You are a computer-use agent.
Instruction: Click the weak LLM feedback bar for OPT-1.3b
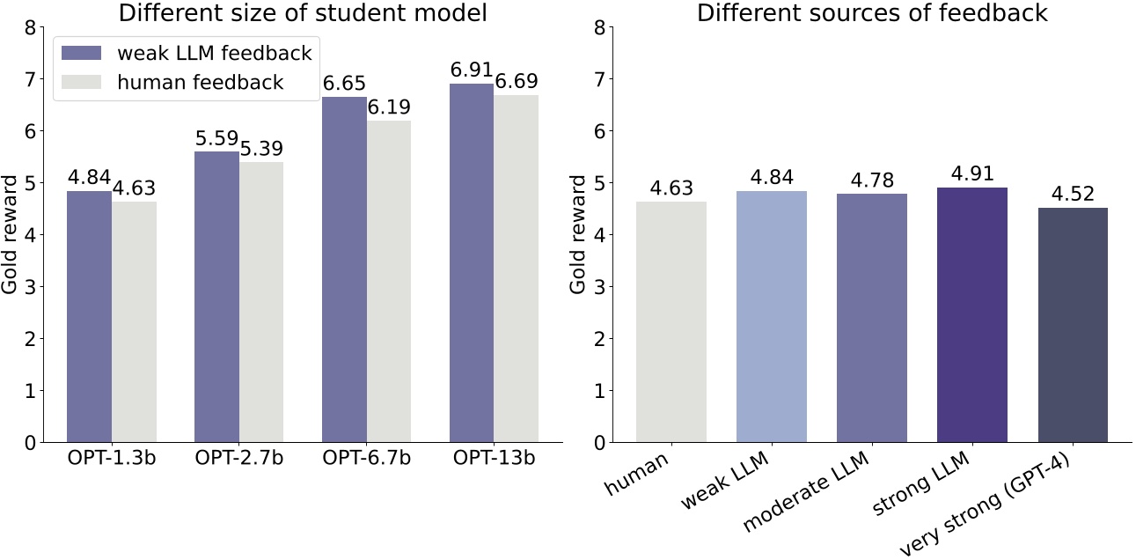click(90, 317)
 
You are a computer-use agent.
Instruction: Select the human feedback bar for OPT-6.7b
click(388, 282)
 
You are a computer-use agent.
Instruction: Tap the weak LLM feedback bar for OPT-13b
click(472, 263)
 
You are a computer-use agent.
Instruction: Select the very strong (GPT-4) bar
click(1073, 325)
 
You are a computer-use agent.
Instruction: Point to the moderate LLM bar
click(872, 318)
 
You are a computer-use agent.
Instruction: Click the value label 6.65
click(344, 85)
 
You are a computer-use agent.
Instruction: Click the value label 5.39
click(260, 149)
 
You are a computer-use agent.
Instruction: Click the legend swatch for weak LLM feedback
click(80, 53)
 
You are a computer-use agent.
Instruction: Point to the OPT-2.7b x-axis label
click(239, 459)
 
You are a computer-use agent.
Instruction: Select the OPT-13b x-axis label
click(494, 459)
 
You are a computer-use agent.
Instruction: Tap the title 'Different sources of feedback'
click(872, 13)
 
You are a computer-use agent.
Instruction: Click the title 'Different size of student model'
click(291, 13)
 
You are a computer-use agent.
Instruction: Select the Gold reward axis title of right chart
click(578, 234)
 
